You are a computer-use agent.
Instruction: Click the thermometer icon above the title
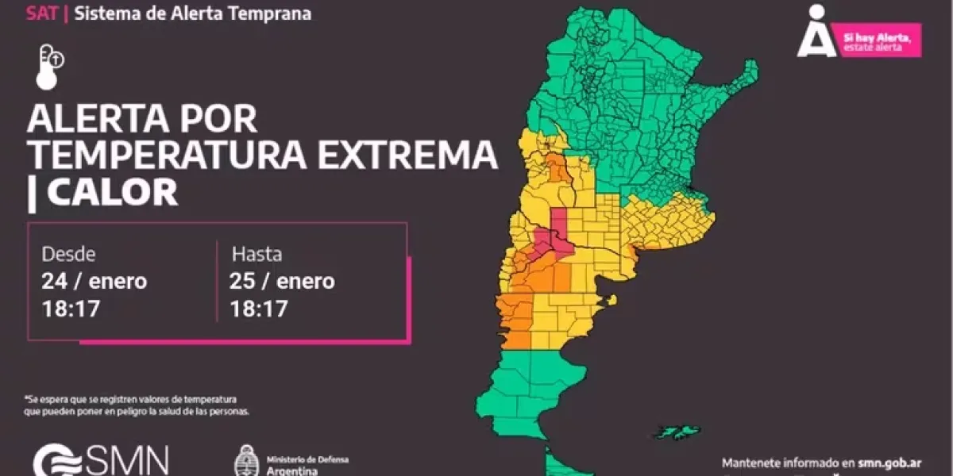tap(50, 67)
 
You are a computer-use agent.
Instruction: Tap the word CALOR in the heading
tap(112, 193)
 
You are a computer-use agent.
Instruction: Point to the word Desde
tap(68, 255)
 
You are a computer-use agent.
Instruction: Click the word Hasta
tap(257, 255)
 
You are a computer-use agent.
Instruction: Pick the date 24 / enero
tap(94, 282)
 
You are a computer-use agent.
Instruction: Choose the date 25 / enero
tap(282, 282)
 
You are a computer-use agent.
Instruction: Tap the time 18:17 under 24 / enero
tap(71, 309)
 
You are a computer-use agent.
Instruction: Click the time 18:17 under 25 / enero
tap(259, 309)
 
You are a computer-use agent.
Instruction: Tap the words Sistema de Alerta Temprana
tap(193, 13)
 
